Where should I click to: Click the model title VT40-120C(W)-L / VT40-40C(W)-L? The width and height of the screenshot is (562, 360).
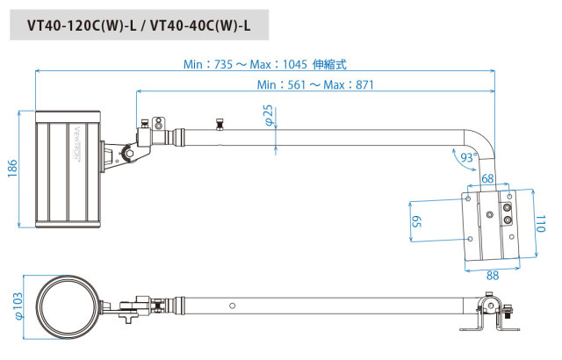(x=139, y=25)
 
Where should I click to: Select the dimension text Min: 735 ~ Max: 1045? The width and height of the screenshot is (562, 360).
(x=245, y=64)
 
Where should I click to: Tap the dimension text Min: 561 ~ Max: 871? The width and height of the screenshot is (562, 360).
(x=315, y=85)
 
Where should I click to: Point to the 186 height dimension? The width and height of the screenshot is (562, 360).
(x=12, y=169)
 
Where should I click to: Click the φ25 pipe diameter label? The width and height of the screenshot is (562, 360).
(x=269, y=115)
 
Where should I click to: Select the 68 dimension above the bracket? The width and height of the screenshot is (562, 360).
(x=487, y=178)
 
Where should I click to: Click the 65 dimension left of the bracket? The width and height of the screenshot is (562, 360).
(x=416, y=221)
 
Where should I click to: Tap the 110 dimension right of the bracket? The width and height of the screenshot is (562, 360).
(x=540, y=224)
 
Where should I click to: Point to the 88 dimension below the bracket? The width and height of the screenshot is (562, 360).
(x=493, y=276)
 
